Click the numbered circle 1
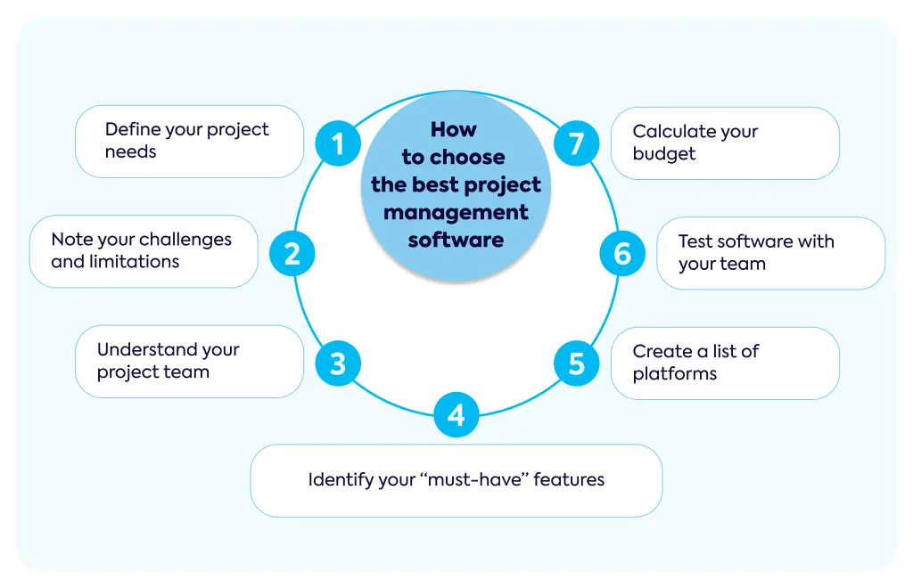pyautogui.click(x=338, y=143)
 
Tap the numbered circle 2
pyautogui.click(x=292, y=254)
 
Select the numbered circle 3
pyautogui.click(x=338, y=363)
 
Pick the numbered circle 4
pyautogui.click(x=456, y=414)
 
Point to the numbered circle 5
pyautogui.click(x=576, y=363)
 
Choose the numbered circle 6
pyautogui.click(x=622, y=254)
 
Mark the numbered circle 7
pyautogui.click(x=577, y=143)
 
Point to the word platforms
pyautogui.click(x=675, y=374)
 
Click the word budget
pyautogui.click(x=663, y=154)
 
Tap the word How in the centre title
pyautogui.click(x=454, y=129)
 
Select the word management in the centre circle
pyautogui.click(x=456, y=213)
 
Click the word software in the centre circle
pyautogui.click(x=456, y=240)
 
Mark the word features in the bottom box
pyautogui.click(x=569, y=480)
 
